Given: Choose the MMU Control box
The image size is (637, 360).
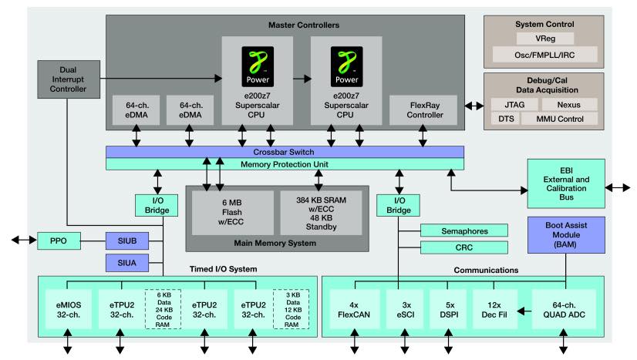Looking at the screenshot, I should [x=559, y=119].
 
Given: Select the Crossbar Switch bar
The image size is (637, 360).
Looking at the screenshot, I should [x=285, y=152].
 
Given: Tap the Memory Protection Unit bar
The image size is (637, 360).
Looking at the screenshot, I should [x=285, y=163].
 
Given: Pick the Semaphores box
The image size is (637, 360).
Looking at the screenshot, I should [x=464, y=230].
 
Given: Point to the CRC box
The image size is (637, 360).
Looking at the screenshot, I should [x=464, y=247].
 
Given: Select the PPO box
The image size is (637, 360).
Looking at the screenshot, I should [x=59, y=242].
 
